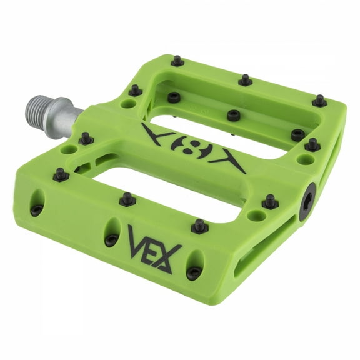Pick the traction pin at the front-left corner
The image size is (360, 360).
pos(60,174)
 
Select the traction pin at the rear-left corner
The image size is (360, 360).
pos(177,61)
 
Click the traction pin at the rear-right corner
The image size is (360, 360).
pos(320,100)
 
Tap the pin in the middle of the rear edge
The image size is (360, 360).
pos(245,79)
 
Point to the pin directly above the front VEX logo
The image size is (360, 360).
pos(199,226)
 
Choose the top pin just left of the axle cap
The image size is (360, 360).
pos(269,201)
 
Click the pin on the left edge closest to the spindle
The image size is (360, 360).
pos(86,138)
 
